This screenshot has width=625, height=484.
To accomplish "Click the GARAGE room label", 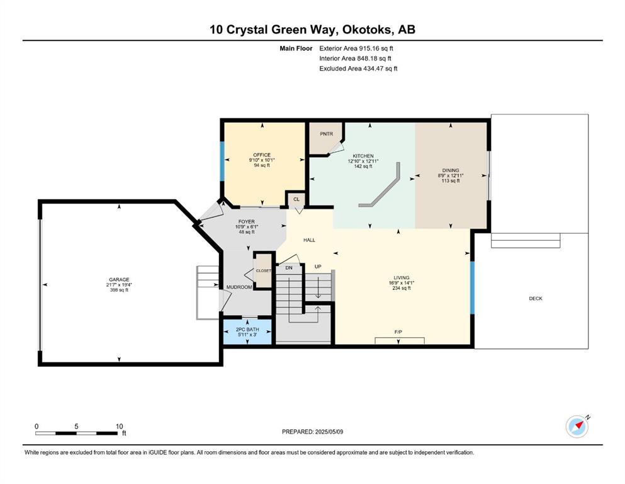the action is tap(119, 280).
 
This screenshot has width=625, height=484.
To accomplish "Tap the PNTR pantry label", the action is tap(327, 134).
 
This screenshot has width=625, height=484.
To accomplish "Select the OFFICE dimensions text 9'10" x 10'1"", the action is tap(262, 160).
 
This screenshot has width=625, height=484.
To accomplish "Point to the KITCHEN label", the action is tap(363, 156).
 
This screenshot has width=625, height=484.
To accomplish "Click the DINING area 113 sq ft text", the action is tap(451, 181).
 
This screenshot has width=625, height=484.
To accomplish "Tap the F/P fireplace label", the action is tap(398, 332).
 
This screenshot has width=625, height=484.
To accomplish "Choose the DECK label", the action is tap(536, 299).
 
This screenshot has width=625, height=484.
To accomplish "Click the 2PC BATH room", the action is tap(247, 331).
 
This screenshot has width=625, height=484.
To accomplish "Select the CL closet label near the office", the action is tap(296, 200).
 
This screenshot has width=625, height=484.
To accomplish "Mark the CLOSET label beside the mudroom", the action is tap(263, 270).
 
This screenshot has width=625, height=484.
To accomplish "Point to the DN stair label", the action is tap(289, 268).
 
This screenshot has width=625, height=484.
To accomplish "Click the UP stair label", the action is tap(318, 267).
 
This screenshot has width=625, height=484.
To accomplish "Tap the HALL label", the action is tap(309, 240).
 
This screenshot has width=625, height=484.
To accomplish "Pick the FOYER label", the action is tap(246, 222).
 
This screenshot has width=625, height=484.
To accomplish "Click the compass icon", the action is tap(577, 427).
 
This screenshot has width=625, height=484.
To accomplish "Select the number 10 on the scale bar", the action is tap(119, 426).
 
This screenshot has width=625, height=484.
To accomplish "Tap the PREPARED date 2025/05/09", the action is tap(329, 432).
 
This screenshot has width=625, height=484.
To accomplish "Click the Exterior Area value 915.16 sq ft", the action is tap(376, 49).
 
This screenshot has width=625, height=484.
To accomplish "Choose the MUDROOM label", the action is tap(239, 287).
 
